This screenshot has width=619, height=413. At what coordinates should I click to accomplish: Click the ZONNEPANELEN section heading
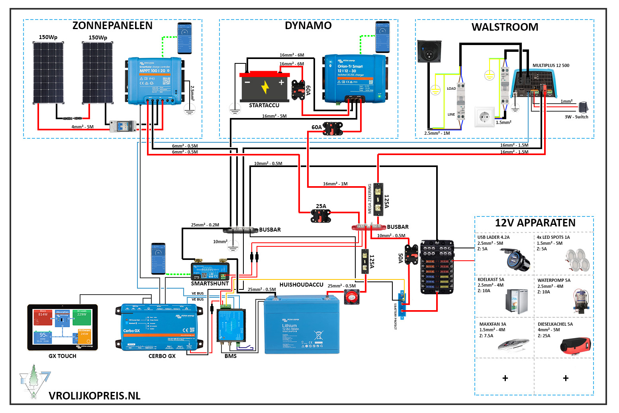pos(112,26)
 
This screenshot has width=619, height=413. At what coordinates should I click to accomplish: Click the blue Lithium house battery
pos(302,324)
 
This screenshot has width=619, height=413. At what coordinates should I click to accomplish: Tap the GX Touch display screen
pos(63,327)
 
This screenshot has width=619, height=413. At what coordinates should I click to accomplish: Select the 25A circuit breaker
pos(321,216)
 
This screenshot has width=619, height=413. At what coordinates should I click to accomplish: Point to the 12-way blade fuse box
pos(437,267)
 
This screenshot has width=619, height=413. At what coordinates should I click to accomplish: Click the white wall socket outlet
pos(484,117)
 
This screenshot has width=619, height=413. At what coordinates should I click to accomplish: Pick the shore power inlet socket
pos(429,51)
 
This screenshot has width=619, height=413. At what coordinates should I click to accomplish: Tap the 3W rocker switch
pos(583,107)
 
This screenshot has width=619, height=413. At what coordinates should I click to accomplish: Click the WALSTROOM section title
pos(505,27)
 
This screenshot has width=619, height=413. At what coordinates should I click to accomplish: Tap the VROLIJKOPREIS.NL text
pos(94,396)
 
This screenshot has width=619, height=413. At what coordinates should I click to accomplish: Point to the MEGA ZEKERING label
pos(370,199)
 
